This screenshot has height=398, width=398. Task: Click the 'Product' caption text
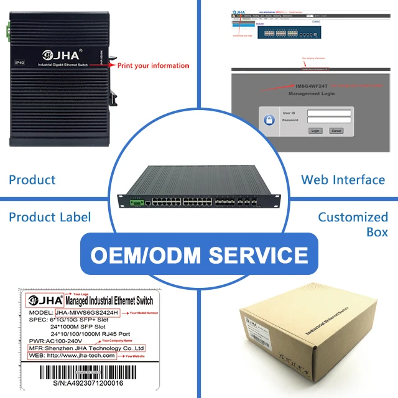click(32, 180)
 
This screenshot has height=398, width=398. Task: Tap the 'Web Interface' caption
click(343, 180)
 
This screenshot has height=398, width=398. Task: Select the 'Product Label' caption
click(50, 217)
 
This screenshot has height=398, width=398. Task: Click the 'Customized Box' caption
click(353, 224)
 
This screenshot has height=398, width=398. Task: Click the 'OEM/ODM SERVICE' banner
click(198, 255)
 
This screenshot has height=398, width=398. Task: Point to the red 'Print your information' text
click(153, 65)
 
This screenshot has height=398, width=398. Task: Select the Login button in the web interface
click(315, 131)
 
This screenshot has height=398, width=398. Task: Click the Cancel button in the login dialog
click(336, 131)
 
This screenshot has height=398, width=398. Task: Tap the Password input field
click(329, 120)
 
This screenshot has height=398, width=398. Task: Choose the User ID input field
click(329, 113)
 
